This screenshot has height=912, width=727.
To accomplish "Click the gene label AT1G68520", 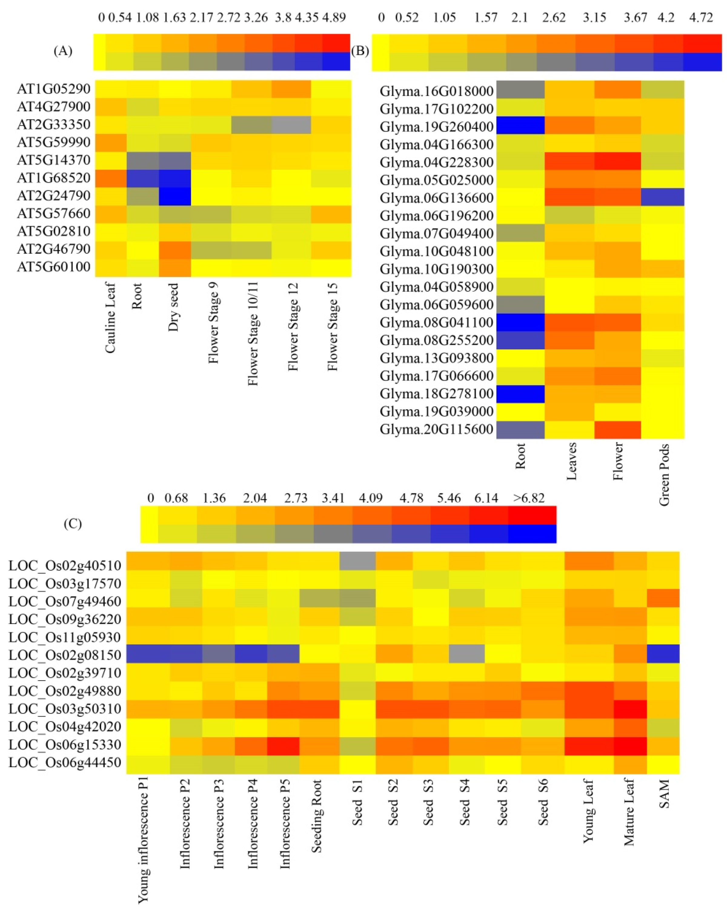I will click(x=54, y=178).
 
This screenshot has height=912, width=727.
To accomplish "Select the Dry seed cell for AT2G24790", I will click(x=175, y=196).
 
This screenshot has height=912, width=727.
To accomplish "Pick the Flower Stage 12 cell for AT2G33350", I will click(x=291, y=125).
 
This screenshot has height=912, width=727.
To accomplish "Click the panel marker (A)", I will click(x=63, y=51).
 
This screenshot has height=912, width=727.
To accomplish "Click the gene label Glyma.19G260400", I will click(x=436, y=127).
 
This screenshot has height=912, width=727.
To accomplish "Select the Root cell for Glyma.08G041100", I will click(x=520, y=323).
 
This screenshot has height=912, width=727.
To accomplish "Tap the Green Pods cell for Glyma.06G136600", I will click(x=662, y=198).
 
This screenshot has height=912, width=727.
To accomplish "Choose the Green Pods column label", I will click(x=664, y=474).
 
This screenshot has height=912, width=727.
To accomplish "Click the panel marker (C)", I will click(x=72, y=524).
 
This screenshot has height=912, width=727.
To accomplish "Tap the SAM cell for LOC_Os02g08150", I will click(x=663, y=654).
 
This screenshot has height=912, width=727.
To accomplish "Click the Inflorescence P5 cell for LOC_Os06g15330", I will click(x=283, y=746).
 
